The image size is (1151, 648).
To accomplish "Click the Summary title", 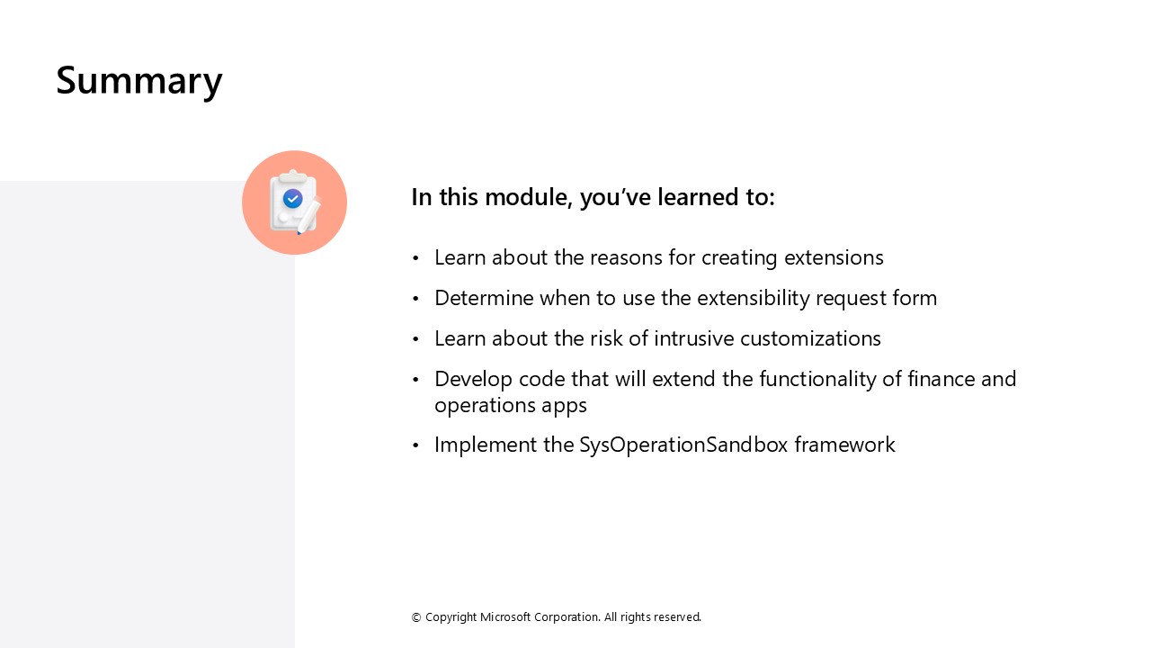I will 139,80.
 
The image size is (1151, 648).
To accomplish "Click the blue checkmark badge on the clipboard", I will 292,199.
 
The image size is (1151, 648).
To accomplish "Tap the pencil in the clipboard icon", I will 308,216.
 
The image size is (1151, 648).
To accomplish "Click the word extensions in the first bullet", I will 834,257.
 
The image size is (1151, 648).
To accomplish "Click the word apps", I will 565,405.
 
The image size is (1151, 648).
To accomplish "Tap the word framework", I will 844,445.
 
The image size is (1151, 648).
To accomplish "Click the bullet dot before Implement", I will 415,445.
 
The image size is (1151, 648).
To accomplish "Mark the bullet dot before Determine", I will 415,299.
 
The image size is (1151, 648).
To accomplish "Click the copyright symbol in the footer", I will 416,617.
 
